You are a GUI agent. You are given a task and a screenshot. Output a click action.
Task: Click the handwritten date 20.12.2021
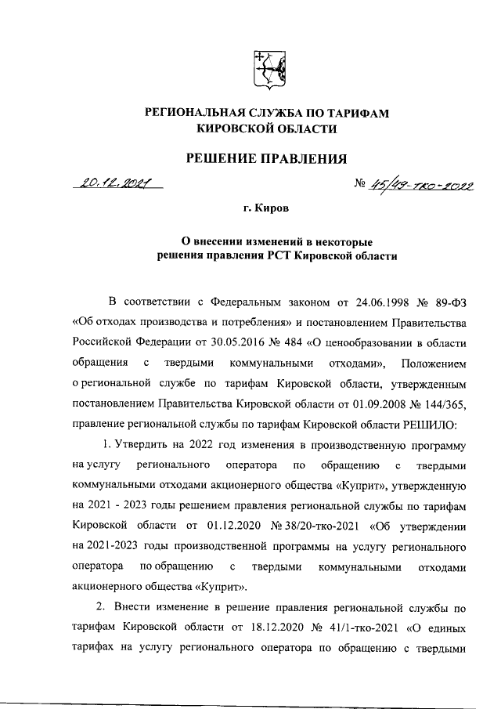(116, 185)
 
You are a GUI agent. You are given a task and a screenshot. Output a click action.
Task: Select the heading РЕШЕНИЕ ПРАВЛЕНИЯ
(265, 160)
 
